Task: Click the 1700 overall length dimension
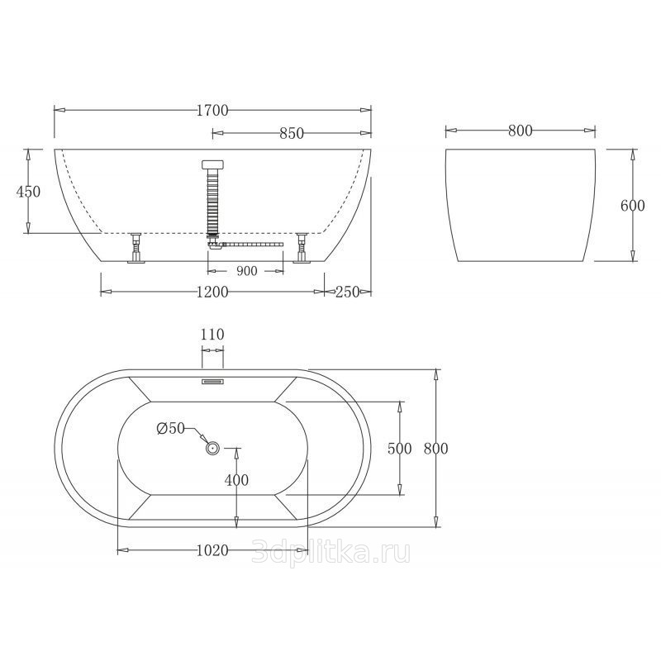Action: coord(212,111)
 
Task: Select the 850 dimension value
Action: coord(292,133)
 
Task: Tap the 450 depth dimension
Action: coord(28,192)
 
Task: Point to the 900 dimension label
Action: coord(246,271)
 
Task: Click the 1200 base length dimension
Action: coord(212,292)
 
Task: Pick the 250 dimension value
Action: coord(348,292)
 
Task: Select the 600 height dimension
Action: coord(633,206)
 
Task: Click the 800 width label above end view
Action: coord(521,131)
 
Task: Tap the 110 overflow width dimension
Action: coord(212,335)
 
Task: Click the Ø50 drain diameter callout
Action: coord(171,428)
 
